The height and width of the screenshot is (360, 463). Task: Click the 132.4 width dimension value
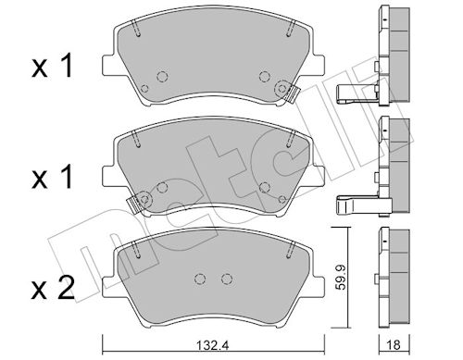click(x=213, y=345)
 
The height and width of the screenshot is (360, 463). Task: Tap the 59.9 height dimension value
click(x=340, y=276)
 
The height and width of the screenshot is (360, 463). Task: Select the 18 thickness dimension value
click(x=394, y=344)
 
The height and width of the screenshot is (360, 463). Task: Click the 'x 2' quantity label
click(x=53, y=289)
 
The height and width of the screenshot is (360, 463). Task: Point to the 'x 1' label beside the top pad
click(x=52, y=66)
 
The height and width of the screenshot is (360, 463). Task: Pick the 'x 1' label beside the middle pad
click(x=52, y=177)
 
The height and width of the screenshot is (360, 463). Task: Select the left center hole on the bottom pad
click(x=200, y=279)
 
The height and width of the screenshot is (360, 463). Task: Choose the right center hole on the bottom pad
click(x=227, y=279)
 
